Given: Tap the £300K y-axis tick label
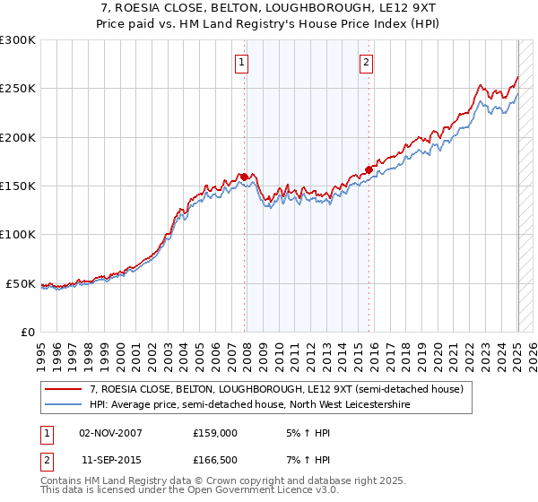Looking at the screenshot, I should tap(18, 40).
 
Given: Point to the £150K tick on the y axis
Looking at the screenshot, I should tap(18, 186).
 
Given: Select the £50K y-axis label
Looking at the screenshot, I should tap(21, 283).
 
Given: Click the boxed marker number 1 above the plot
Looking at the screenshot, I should tap(243, 62).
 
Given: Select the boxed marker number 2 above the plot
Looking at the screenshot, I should tap(368, 62).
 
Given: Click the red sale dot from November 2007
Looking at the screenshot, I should tap(245, 177).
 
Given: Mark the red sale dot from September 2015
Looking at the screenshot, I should tap(369, 169).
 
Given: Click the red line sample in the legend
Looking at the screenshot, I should tap(64, 389).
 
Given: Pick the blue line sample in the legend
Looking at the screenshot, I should tap(64, 404).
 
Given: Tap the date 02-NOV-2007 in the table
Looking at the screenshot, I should tap(111, 432).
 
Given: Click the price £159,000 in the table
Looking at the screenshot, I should tap(215, 432).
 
